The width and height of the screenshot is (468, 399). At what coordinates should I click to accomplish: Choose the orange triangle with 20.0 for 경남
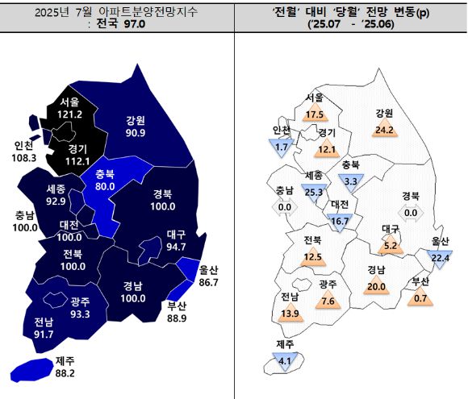point(375,286)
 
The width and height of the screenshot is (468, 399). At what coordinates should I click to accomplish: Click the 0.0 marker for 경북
point(410,212)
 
